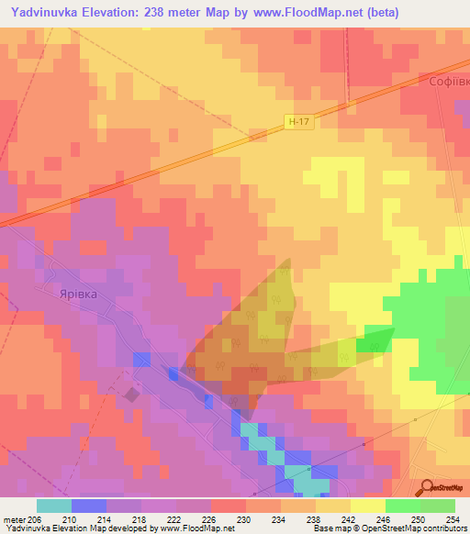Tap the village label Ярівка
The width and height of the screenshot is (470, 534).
78,295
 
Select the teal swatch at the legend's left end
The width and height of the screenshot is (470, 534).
53,506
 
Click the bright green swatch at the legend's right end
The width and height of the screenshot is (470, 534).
437,506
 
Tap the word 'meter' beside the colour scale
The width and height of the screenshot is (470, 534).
14,518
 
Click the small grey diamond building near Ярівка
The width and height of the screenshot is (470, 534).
132,395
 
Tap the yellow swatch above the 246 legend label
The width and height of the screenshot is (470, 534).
367,506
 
